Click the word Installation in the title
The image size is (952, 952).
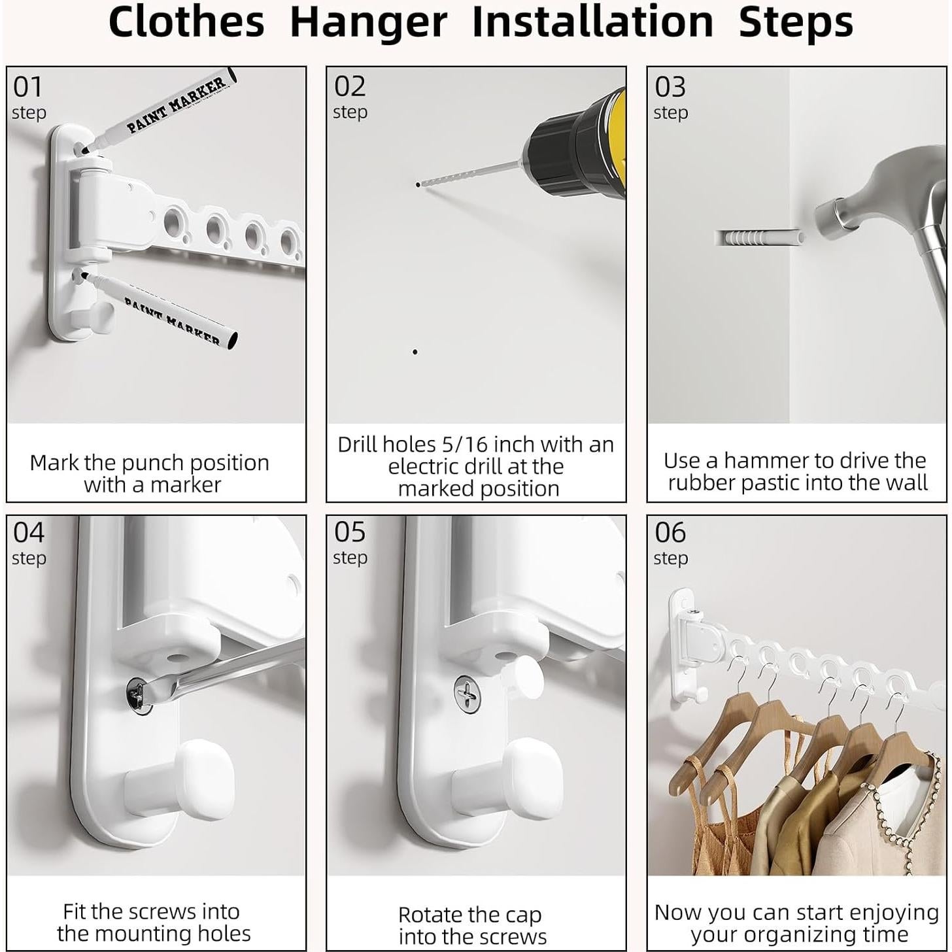[592, 22]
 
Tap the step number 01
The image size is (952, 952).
[27, 87]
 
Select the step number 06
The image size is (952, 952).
[670, 533]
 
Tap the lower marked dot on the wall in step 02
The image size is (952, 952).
[415, 352]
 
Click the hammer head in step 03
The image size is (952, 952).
[870, 196]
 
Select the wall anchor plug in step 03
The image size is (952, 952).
[758, 237]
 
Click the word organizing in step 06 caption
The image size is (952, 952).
[799, 934]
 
